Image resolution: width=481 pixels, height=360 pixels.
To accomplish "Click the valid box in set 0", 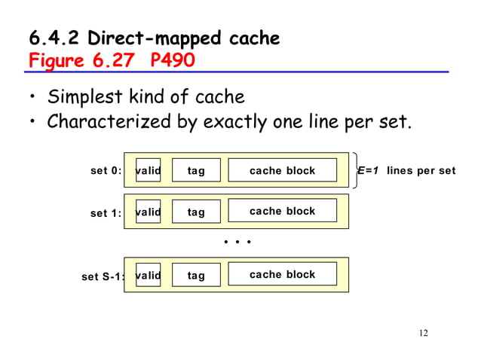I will (148, 170).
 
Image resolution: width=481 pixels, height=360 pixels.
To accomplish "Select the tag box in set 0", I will (196, 170).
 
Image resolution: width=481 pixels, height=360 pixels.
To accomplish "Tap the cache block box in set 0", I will (282, 170).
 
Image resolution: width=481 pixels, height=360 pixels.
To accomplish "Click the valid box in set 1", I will (148, 212).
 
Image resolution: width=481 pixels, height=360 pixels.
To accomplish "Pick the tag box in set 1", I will (196, 212).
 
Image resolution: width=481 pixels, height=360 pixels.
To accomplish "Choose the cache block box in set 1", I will (282, 211).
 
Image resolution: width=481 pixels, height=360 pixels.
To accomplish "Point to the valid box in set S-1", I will (148, 275).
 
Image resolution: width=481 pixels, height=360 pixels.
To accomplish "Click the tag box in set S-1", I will (196, 275).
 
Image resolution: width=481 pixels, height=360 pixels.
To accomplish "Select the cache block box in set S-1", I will (282, 274).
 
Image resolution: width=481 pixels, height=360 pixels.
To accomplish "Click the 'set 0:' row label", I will (106, 171).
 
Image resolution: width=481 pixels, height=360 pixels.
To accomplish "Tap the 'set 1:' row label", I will (106, 213).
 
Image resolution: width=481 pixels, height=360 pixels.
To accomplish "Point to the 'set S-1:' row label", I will (103, 276).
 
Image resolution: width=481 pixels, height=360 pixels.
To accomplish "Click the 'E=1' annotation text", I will (369, 170).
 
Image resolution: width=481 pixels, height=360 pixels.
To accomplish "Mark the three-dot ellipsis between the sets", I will (237, 243).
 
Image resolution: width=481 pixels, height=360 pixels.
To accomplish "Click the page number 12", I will (422, 334).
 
